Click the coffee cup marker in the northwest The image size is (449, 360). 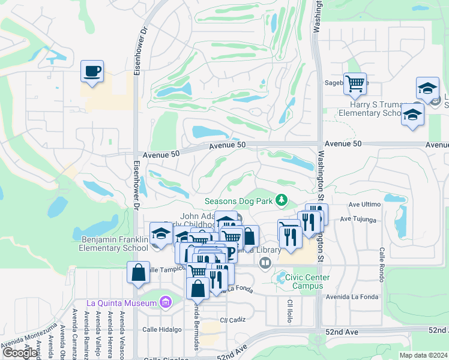click(x=92, y=72)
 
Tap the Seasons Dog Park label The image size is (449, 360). click(x=239, y=201)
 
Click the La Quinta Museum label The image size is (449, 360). click(x=121, y=302)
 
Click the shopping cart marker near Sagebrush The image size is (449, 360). click(x=355, y=83)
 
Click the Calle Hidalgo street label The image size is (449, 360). click(x=161, y=329)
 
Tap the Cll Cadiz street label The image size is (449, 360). click(x=233, y=320)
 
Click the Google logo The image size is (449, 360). click(x=20, y=353)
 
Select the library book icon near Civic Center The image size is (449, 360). click(x=265, y=262)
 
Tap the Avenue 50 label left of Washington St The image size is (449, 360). click(x=228, y=146)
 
